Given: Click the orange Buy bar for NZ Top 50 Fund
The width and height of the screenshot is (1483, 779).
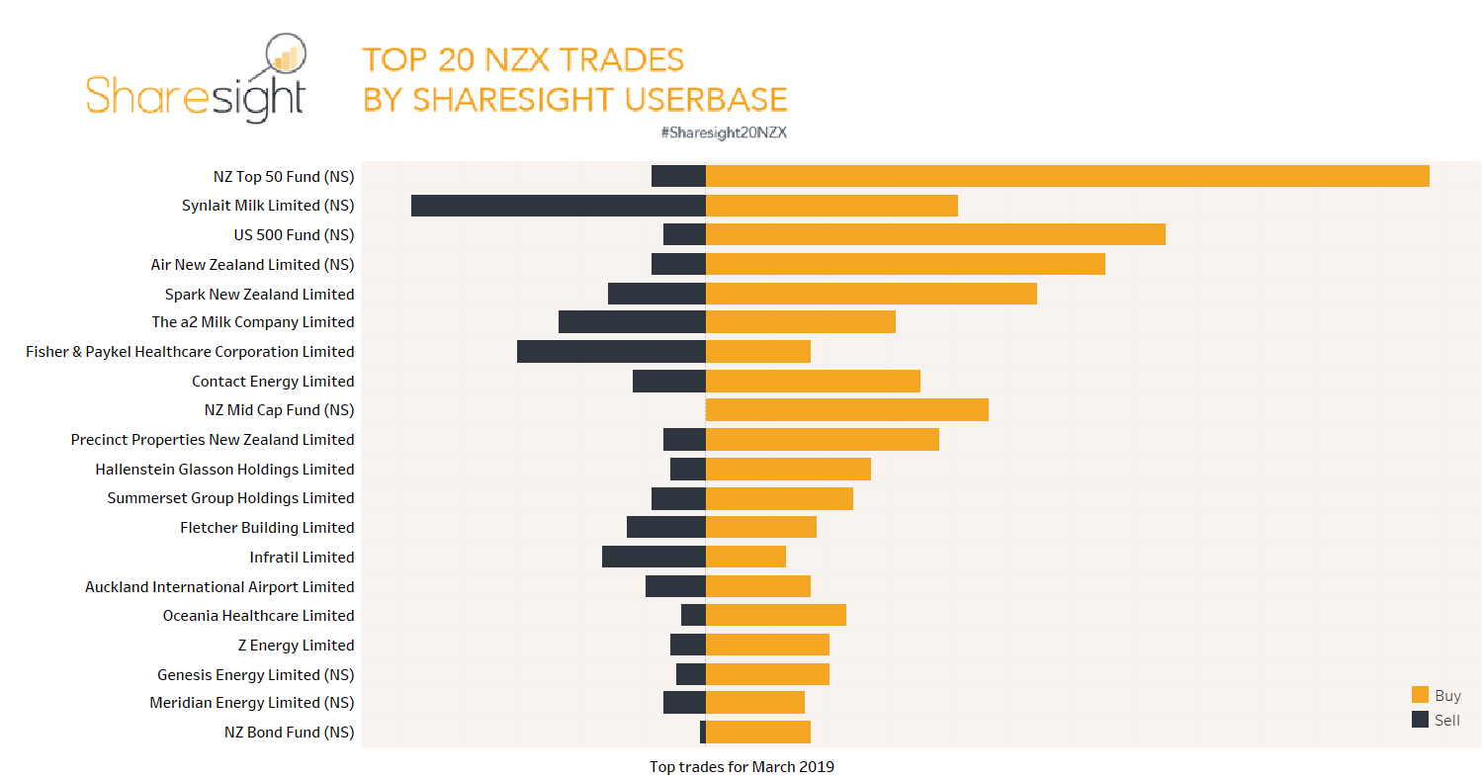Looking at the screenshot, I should [x=1067, y=176].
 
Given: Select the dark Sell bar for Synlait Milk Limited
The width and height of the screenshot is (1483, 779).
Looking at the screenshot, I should [x=558, y=206].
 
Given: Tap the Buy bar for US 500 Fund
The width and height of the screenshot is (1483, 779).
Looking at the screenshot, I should [x=935, y=234].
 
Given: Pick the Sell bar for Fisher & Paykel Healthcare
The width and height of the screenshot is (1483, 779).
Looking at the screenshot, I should [x=611, y=352].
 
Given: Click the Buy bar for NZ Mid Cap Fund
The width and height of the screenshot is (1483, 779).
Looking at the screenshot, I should [x=846, y=410].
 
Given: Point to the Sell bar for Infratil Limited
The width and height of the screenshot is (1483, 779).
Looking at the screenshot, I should [x=654, y=557].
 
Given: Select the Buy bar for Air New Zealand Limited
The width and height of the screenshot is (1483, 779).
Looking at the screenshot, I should [x=905, y=264].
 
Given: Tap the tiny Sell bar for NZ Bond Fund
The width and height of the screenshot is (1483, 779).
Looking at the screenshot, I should [x=703, y=733].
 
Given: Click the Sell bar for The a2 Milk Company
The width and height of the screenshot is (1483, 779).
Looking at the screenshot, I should [x=632, y=322].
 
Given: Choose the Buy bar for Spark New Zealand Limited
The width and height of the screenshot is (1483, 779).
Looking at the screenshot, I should [x=871, y=294].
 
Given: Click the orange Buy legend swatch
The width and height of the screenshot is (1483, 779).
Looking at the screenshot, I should [x=1420, y=695].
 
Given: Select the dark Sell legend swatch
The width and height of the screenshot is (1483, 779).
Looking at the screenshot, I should [x=1420, y=720].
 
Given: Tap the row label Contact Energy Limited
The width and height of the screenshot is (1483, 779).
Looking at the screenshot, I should [x=273, y=382].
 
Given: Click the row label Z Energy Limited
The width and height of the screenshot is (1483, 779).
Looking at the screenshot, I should [x=296, y=646].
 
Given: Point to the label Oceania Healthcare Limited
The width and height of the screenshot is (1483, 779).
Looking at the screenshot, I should [x=258, y=616].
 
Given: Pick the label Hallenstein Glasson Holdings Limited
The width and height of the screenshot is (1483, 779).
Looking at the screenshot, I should [x=224, y=470].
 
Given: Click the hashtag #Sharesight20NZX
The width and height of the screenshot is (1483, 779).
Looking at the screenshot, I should [x=723, y=132].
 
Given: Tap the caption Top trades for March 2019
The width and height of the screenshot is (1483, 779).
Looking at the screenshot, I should [x=741, y=767].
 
